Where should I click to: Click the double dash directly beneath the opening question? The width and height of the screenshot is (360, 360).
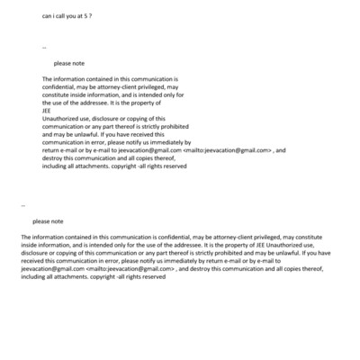click(x=44, y=45)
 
